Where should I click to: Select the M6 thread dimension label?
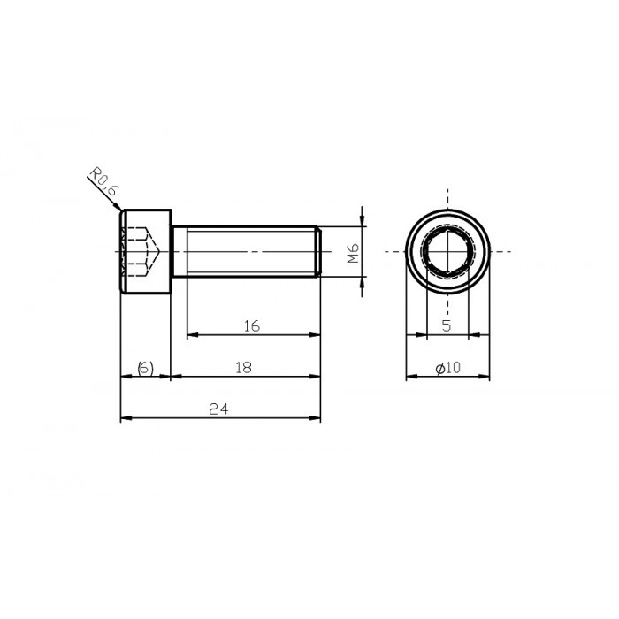pos(352,254)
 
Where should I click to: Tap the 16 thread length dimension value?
pos(251,326)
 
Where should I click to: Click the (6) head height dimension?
pos(145,367)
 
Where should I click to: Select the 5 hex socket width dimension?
pos(447,325)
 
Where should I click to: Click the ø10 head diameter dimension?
pos(447,367)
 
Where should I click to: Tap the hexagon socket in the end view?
pos(447,252)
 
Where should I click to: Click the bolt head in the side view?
pos(145,252)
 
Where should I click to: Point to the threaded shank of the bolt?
pos(248,252)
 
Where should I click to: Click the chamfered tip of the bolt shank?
pos(317,252)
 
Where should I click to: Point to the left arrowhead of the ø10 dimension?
pos(410,377)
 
